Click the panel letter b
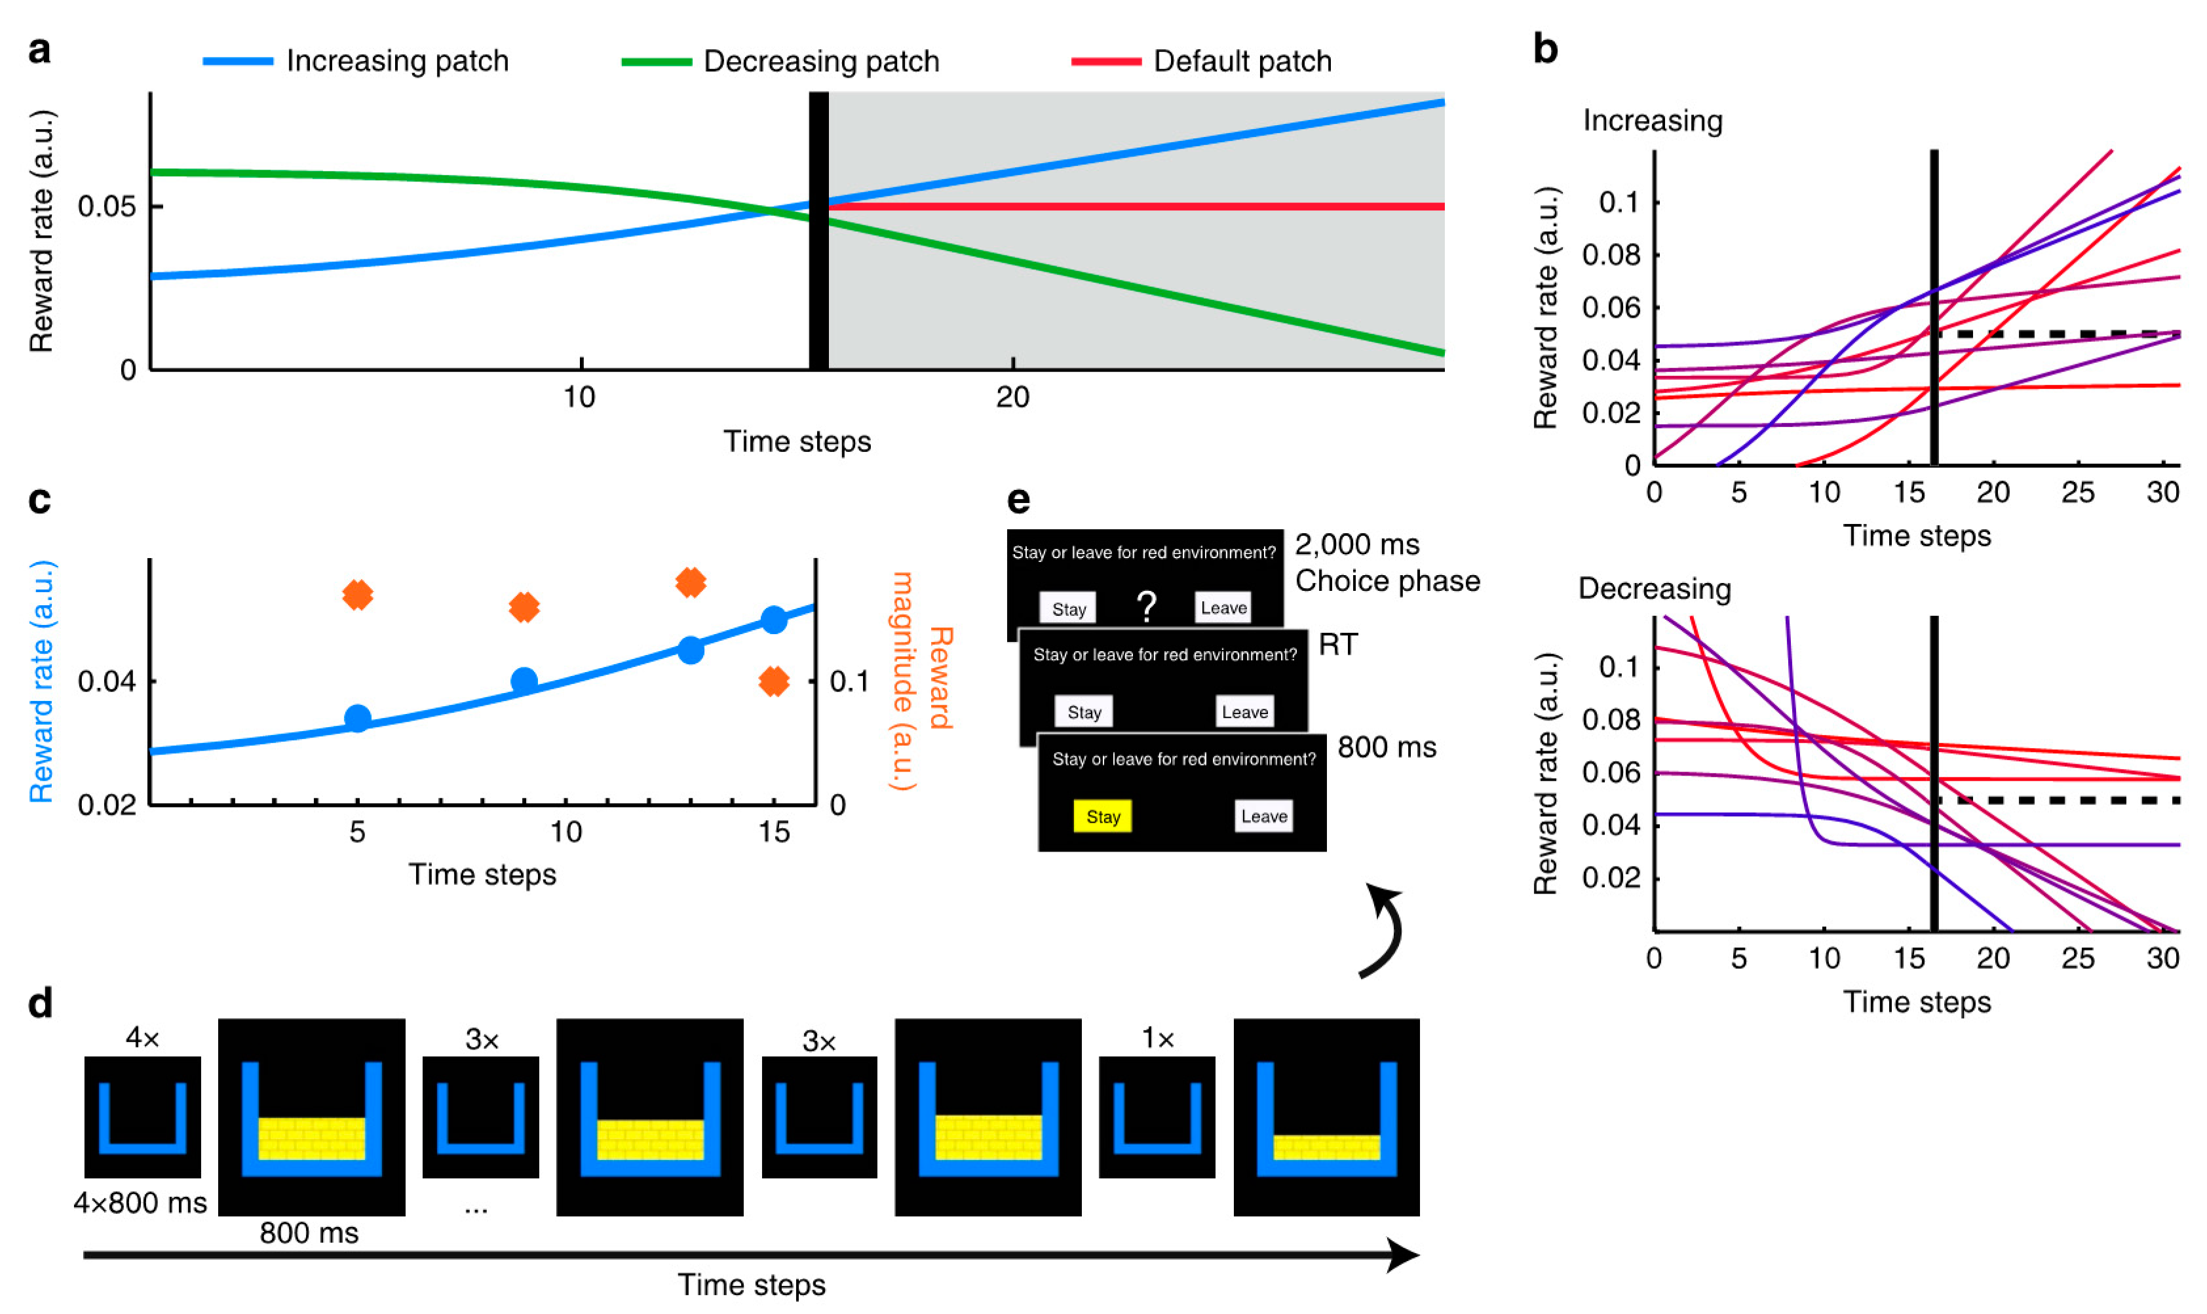pyautogui.click(x=1545, y=50)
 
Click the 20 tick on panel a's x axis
pyautogui.click(x=1012, y=397)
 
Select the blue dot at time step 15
pyautogui.click(x=774, y=620)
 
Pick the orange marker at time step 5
pyautogui.click(x=358, y=595)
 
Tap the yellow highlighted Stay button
pyautogui.click(x=1103, y=816)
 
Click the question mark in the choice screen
pyautogui.click(x=1146, y=607)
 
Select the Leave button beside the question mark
pyautogui.click(x=1223, y=607)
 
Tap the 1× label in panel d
pyautogui.click(x=1157, y=1037)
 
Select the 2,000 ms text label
pyautogui.click(x=1357, y=544)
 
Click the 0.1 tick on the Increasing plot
pyautogui.click(x=1618, y=203)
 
